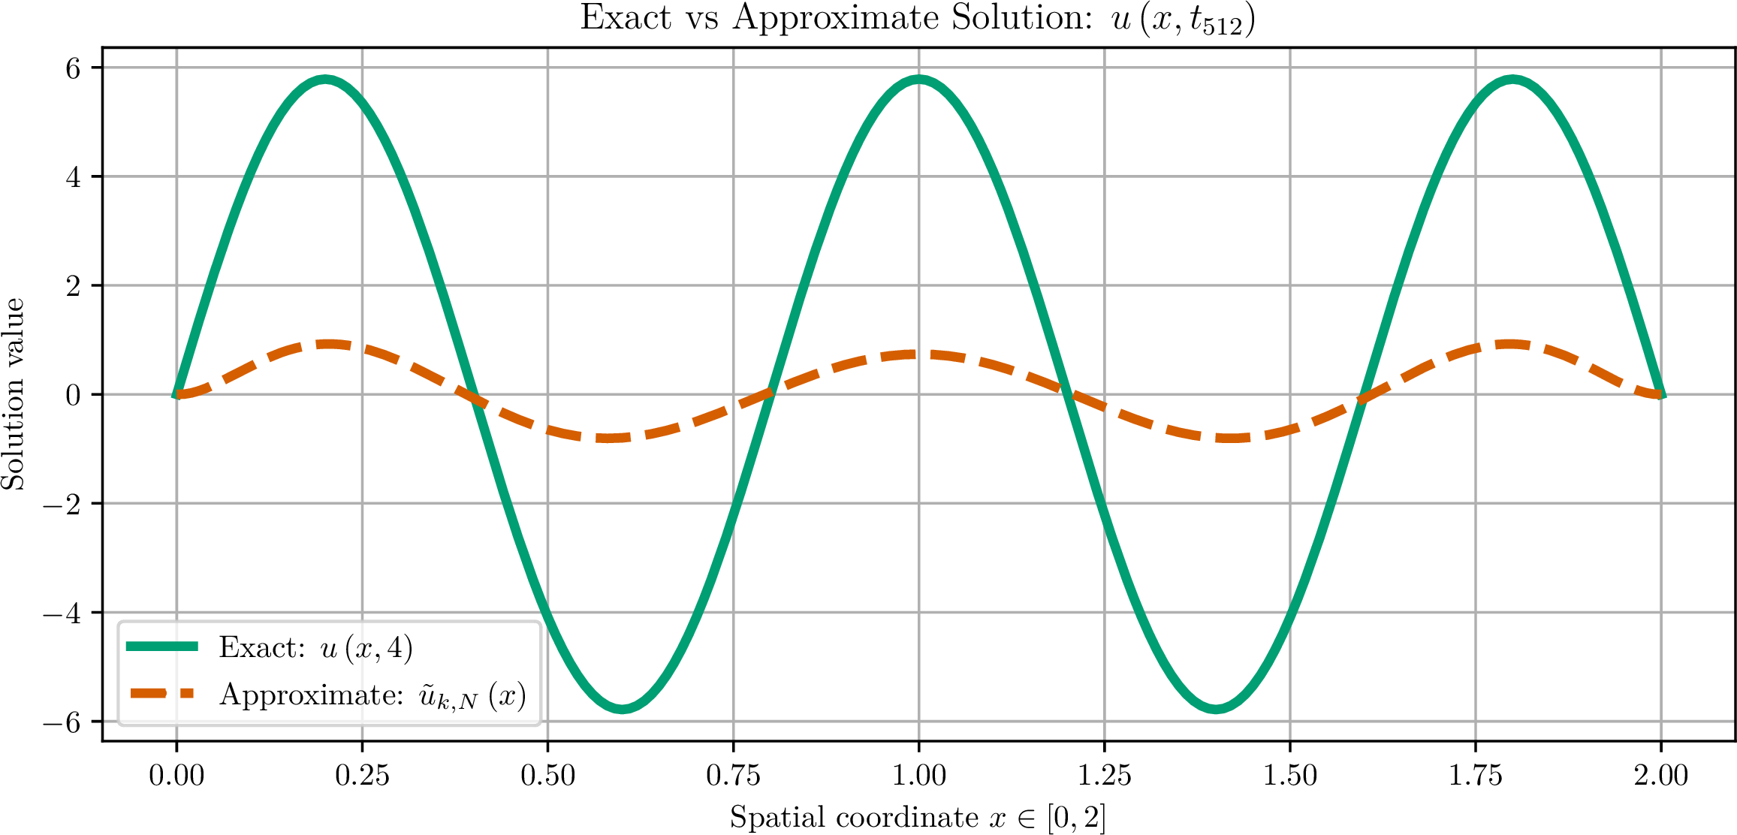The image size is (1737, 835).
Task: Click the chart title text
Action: pyautogui.click(x=918, y=20)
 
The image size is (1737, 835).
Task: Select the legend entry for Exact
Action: pyautogui.click(x=270, y=647)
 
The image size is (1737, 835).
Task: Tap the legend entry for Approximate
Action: pyautogui.click(x=328, y=695)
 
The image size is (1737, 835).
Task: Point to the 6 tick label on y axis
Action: pyautogui.click(x=73, y=68)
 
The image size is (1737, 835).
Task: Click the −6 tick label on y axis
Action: pyautogui.click(x=62, y=722)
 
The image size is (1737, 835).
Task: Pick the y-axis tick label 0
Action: pyautogui.click(x=73, y=395)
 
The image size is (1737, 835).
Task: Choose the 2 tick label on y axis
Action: pyautogui.click(x=73, y=286)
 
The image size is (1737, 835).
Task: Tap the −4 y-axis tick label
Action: pyautogui.click(x=62, y=613)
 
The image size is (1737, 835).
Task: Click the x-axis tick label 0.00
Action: pyautogui.click(x=176, y=775)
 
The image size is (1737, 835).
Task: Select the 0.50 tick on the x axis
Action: pyautogui.click(x=547, y=775)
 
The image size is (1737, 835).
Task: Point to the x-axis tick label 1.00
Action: pyautogui.click(x=919, y=775)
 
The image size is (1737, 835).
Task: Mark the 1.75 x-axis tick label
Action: pyautogui.click(x=1476, y=775)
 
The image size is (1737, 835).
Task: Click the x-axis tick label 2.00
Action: pyautogui.click(x=1661, y=775)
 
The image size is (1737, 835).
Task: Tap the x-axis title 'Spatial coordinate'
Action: pyautogui.click(x=854, y=817)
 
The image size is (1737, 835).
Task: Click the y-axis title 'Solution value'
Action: pyautogui.click(x=13, y=394)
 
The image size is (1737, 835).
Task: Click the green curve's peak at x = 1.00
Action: pyautogui.click(x=919, y=80)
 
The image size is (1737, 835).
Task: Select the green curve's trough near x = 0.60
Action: pyautogui.click(x=622, y=708)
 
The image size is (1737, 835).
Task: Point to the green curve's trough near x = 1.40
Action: pyautogui.click(x=1216, y=708)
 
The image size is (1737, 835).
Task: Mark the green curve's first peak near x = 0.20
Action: pyautogui.click(x=325, y=80)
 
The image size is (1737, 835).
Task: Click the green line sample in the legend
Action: pyautogui.click(x=162, y=647)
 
